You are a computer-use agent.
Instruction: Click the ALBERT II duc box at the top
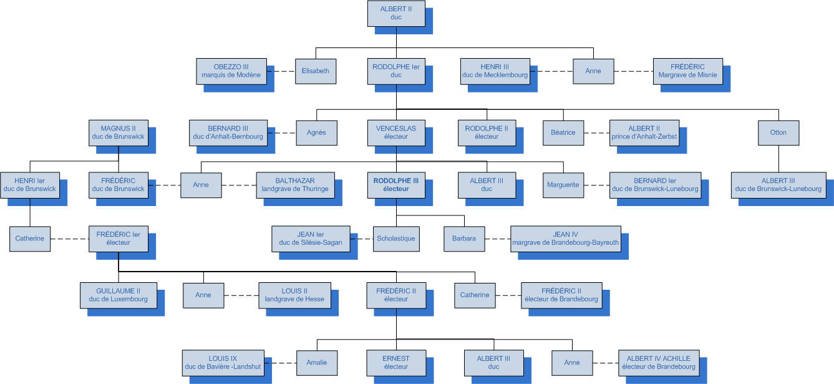pos(396,14)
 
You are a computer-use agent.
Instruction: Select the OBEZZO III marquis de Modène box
pos(231,71)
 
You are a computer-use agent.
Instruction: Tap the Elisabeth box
pos(316,71)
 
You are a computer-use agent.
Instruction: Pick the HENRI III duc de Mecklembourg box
pos(495,71)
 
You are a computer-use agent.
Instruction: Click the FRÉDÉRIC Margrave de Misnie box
pos(687,71)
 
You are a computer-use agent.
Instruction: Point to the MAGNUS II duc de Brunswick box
pos(118,132)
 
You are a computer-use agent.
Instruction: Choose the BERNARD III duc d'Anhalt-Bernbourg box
pos(228,132)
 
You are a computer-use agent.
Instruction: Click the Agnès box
pos(316,132)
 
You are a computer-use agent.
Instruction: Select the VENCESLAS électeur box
pos(396,132)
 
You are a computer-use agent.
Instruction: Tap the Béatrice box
pos(563,132)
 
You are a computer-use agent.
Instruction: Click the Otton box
pos(778,132)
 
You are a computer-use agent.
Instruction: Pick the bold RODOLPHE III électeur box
pos(396,185)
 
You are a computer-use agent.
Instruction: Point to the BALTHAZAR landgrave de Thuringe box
pos(295,185)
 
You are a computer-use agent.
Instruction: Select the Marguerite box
pos(563,185)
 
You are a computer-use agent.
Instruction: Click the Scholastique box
pos(396,239)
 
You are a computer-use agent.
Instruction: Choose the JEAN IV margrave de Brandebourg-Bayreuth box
pos(565,239)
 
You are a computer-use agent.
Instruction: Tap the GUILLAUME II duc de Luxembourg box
pos(118,295)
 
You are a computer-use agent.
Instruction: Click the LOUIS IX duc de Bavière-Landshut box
pos(223,362)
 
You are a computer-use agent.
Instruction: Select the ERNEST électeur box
pos(396,362)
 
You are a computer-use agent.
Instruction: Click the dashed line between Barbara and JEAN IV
pos(497,239)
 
